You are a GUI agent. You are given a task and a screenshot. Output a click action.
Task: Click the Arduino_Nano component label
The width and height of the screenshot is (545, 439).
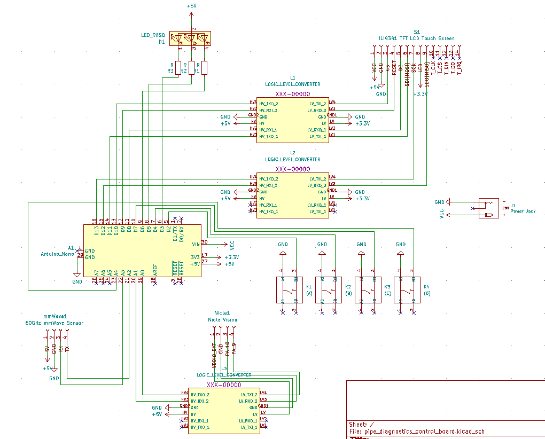58,254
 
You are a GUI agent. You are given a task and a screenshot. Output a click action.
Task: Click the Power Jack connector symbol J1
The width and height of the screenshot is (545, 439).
486,208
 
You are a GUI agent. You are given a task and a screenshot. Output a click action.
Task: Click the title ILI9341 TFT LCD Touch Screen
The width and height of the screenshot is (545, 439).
416,38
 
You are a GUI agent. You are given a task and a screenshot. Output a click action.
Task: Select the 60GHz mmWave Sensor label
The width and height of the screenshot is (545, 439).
54,323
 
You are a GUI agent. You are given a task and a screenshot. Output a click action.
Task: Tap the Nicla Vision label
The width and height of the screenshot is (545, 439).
222,319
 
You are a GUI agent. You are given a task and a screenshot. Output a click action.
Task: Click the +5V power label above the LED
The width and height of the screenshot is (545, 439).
191,6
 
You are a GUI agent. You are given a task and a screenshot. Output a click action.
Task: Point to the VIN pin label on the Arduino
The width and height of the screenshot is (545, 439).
196,244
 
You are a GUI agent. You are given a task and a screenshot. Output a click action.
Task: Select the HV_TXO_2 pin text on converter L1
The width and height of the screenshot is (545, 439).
268,104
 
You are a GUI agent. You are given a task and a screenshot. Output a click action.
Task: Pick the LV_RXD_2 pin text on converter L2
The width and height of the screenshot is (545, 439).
316,185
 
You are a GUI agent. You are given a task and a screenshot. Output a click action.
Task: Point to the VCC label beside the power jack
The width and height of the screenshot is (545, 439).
441,214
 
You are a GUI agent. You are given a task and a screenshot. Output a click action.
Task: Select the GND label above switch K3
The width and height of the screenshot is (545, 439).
361,245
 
